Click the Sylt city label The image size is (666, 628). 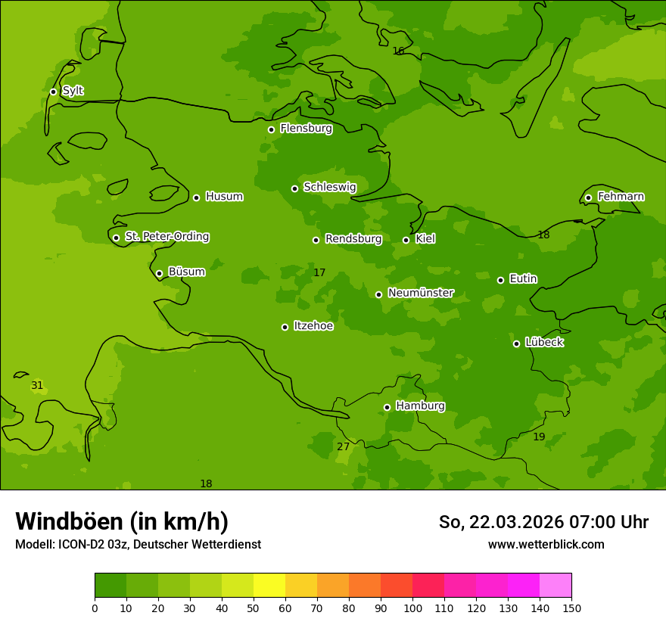pos(73,91)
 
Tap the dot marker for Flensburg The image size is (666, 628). pos(271,129)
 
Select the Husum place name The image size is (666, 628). pos(224,197)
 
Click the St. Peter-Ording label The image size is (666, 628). pos(167,237)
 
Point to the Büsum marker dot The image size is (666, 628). pos(159,273)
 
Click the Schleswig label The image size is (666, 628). pos(329,187)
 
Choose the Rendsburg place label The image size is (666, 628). pos(353,239)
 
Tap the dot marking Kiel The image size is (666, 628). pos(406,240)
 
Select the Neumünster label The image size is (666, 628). pos(421,293)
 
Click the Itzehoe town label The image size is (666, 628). pos(313,326)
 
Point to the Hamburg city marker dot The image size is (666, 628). pos(387,407)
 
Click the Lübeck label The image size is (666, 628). pos(544,342)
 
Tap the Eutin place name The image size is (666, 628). pos(523,279)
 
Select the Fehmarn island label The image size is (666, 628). pos(621,197)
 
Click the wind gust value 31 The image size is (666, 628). pos(37,386)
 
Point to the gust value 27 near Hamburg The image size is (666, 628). pos(343,446)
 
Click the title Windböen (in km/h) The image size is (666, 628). pos(122,521)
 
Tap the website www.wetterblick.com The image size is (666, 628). pos(546,544)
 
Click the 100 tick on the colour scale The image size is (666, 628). pos(412,608)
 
